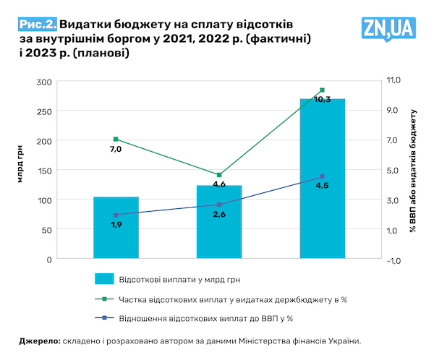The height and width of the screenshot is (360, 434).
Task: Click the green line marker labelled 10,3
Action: coord(322,90)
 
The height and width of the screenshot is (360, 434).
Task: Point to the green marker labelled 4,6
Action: coord(219,175)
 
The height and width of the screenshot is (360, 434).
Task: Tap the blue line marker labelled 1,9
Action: coord(116,215)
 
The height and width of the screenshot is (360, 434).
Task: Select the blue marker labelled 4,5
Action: coord(322,176)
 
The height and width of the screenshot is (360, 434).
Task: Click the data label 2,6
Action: coord(219,215)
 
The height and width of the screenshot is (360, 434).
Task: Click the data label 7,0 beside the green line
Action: coord(116,150)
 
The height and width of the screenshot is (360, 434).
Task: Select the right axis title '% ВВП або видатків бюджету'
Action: coord(414,171)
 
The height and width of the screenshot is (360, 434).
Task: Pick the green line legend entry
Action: coord(217,299)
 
